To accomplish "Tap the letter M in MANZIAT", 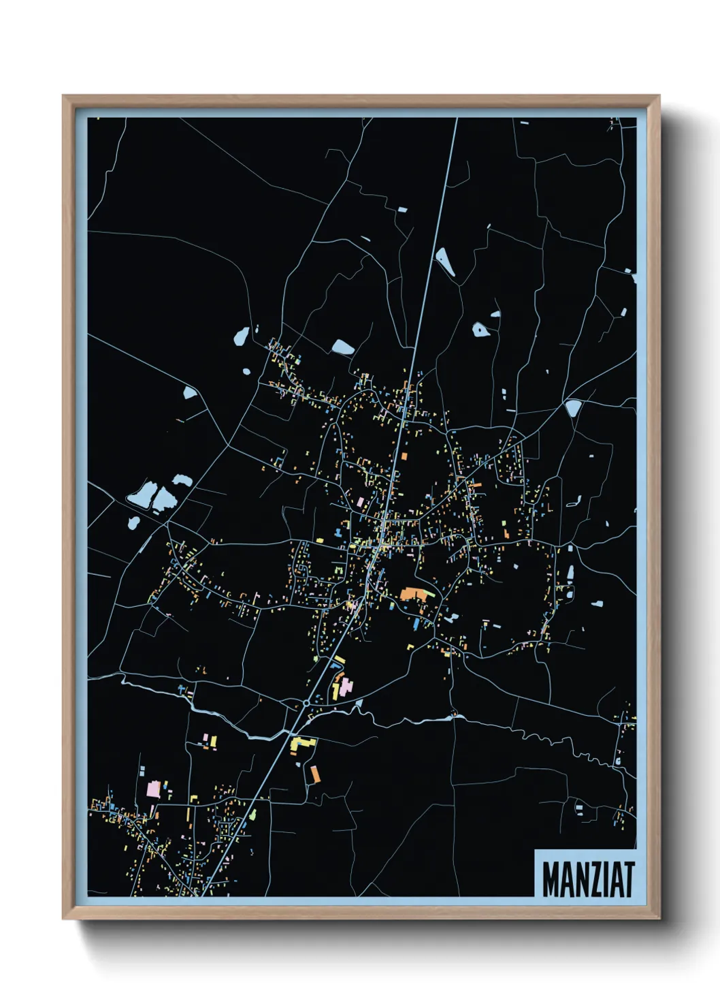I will click(x=551, y=879).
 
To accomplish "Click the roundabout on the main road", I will click(x=307, y=702).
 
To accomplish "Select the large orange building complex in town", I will click(x=414, y=594).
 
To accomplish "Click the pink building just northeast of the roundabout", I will click(x=346, y=686).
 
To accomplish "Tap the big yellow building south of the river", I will click(x=301, y=744).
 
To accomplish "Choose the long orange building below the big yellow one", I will click(x=314, y=774).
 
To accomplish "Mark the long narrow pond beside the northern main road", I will click(x=445, y=262).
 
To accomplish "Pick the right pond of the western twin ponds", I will click(x=164, y=499).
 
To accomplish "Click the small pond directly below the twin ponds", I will click(x=134, y=523).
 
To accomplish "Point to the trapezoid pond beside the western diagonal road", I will click(x=189, y=392).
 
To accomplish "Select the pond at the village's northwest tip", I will click(x=241, y=336).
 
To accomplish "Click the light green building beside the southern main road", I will click(x=252, y=814).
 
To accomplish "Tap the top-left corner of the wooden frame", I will click(x=64, y=97).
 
